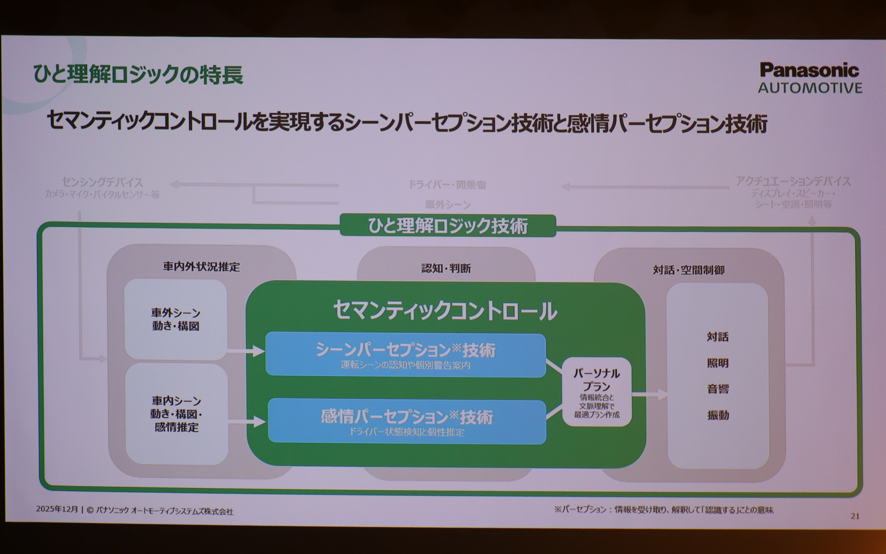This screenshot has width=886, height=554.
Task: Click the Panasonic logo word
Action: click(809, 71)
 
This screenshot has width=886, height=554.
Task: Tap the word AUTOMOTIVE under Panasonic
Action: click(810, 88)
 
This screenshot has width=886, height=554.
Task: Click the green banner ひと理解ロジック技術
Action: click(448, 226)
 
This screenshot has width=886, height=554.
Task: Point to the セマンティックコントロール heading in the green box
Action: click(445, 311)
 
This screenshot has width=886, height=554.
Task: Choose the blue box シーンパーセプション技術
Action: click(405, 355)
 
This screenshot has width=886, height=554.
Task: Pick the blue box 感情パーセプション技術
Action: click(407, 421)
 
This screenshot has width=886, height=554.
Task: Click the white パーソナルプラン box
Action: click(596, 392)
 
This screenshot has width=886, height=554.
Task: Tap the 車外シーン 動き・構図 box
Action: click(175, 319)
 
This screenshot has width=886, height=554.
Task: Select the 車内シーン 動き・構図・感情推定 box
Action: click(176, 414)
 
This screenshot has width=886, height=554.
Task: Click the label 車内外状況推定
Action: click(201, 267)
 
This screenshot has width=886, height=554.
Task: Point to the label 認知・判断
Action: click(446, 268)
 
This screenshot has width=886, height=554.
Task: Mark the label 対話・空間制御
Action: click(688, 270)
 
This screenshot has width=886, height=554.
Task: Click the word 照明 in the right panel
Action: click(718, 363)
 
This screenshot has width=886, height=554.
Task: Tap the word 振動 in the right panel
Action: click(718, 415)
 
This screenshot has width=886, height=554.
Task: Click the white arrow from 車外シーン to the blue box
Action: click(246, 351)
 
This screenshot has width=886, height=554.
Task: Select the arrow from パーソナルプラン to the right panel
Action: click(650, 394)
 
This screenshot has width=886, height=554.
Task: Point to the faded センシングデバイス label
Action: click(102, 182)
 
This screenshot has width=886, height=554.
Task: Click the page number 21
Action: click(855, 516)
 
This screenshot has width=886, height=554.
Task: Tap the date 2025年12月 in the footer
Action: click(57, 509)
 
